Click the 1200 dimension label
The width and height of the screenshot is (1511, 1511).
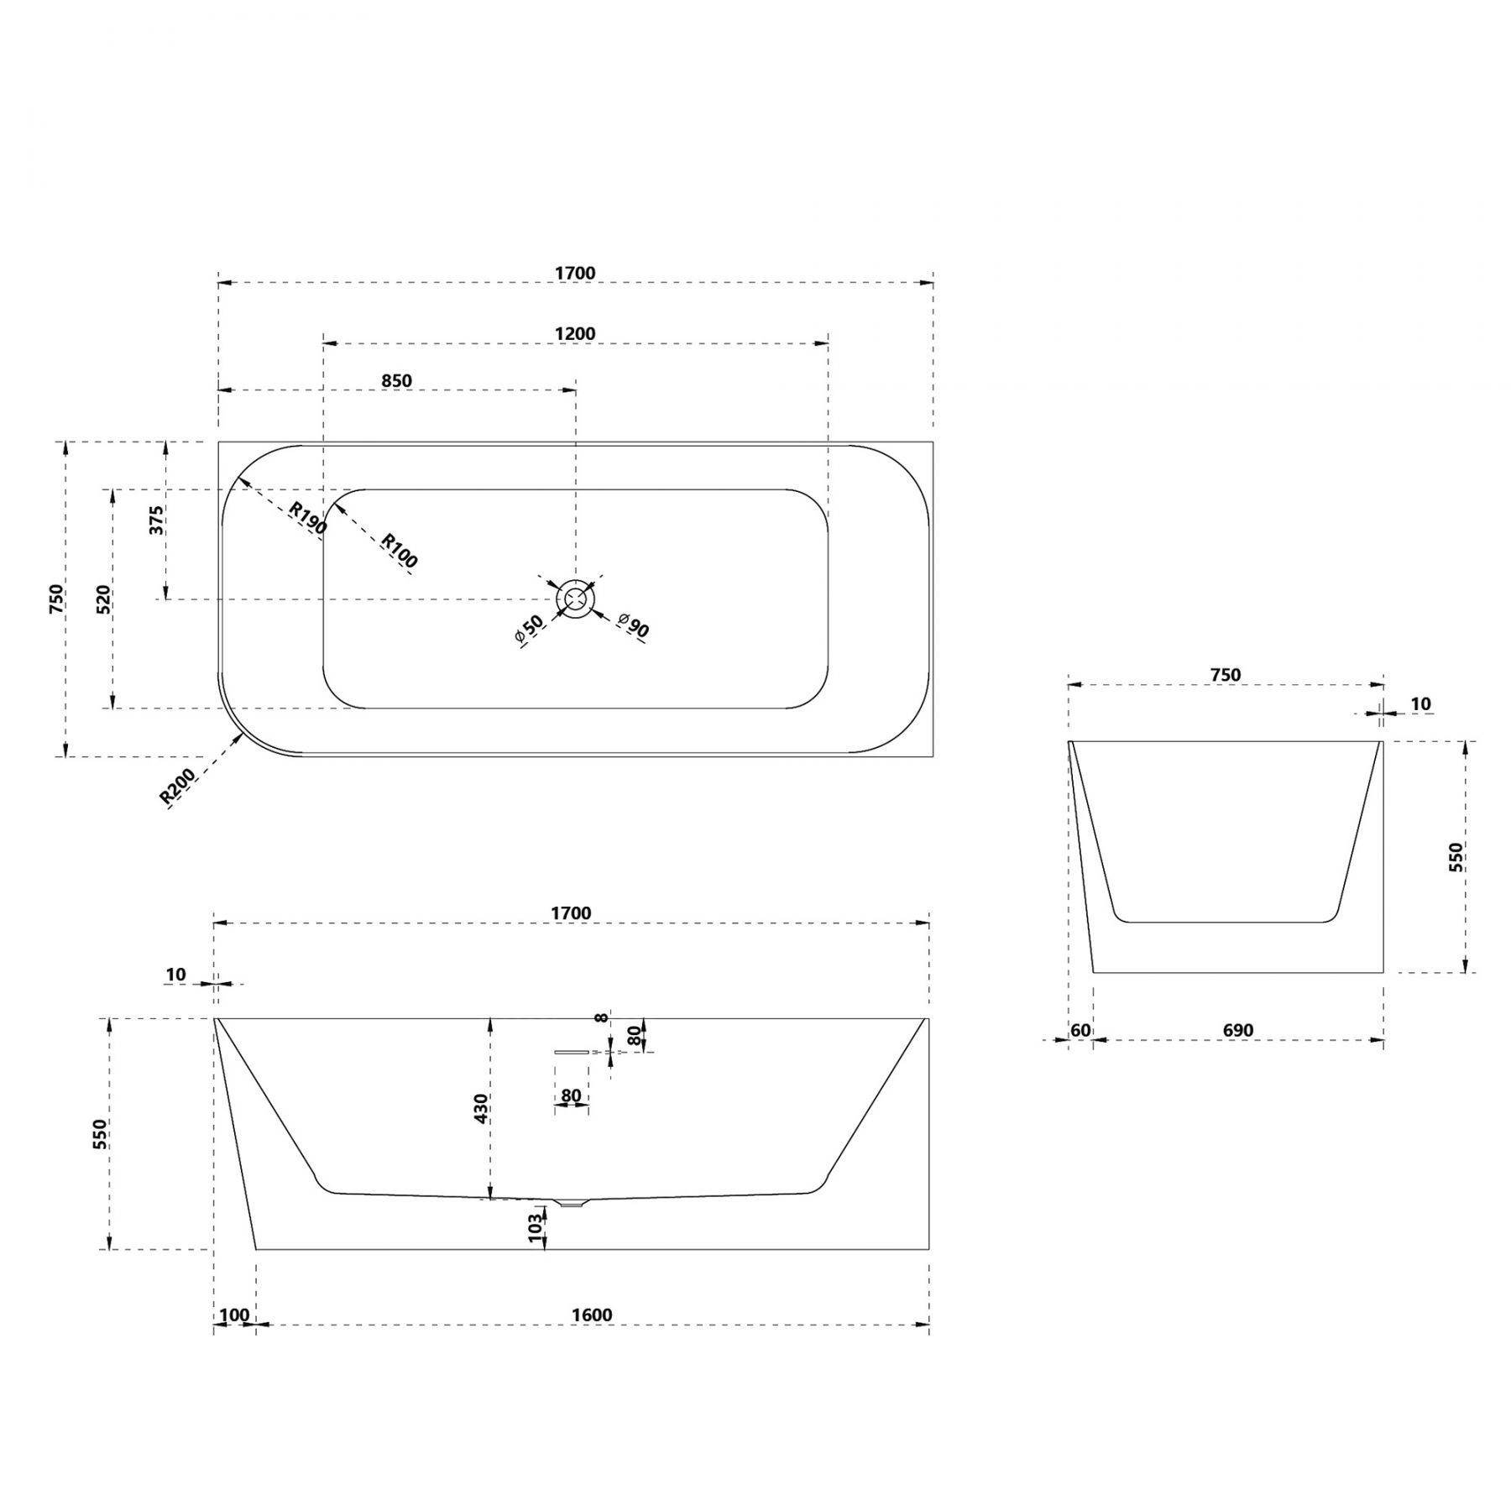click(x=575, y=333)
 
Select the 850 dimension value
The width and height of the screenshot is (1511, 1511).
click(x=397, y=380)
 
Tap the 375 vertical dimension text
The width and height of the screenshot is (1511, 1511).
click(x=156, y=520)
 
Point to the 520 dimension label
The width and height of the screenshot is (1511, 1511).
click(x=104, y=599)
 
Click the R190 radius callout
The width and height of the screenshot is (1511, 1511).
click(x=307, y=518)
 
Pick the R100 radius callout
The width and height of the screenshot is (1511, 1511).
click(x=400, y=551)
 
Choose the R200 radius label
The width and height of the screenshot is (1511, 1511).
click(x=177, y=787)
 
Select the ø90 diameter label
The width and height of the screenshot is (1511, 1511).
click(x=633, y=625)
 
